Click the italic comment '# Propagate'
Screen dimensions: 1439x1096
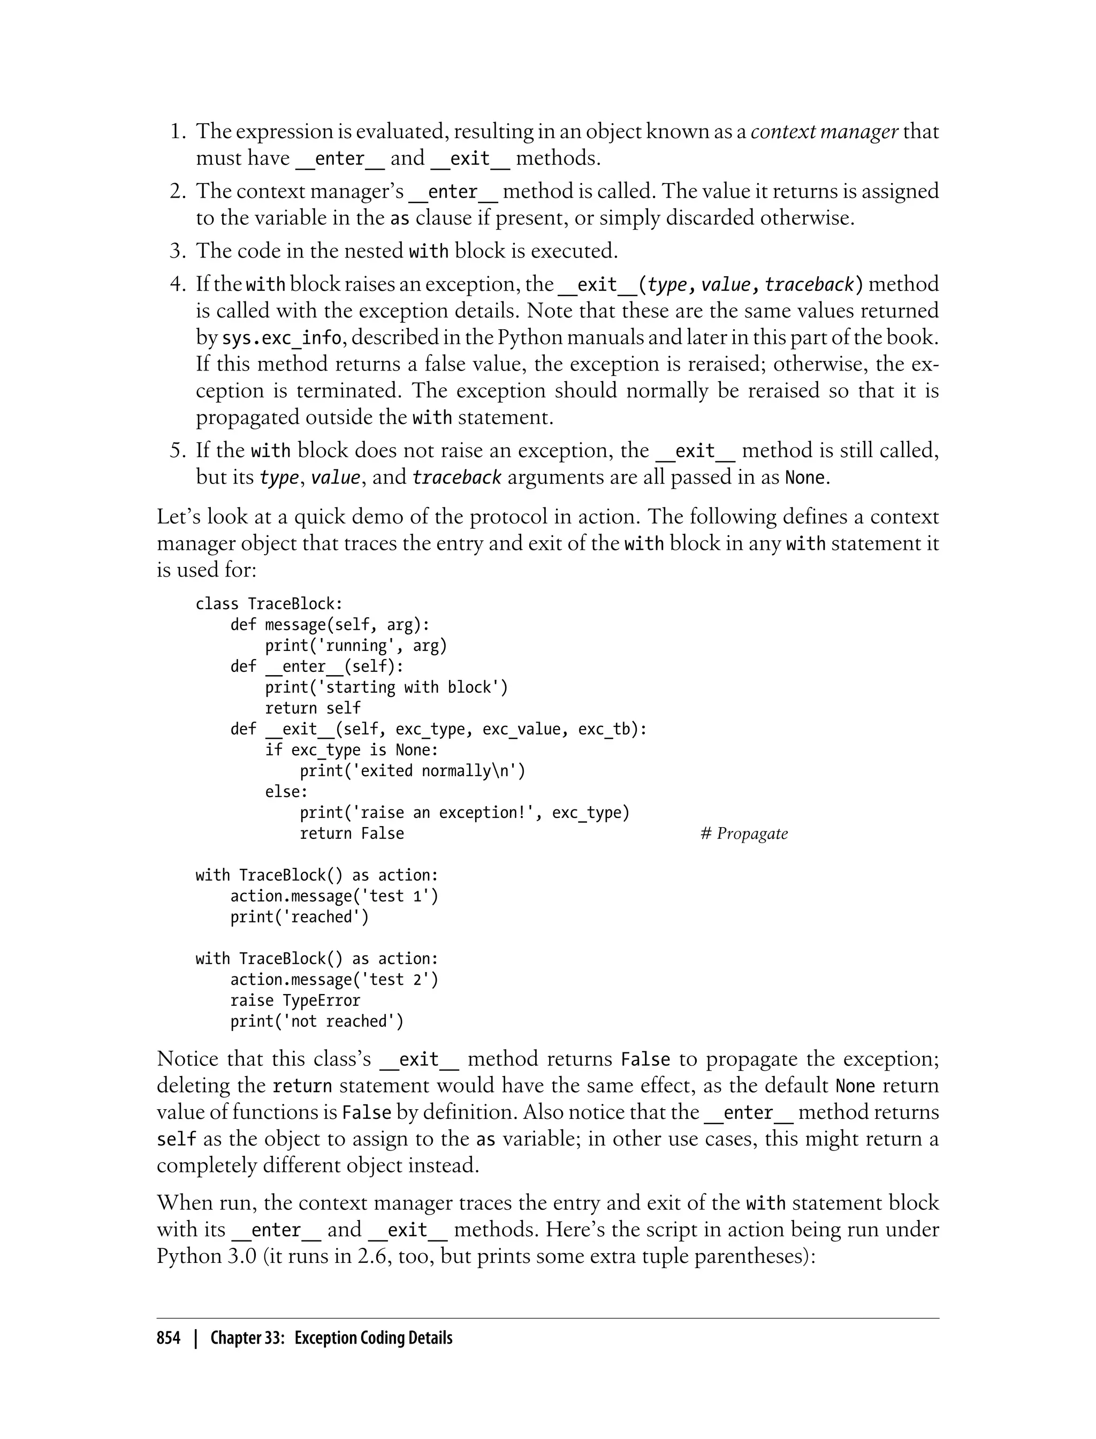coord(744,834)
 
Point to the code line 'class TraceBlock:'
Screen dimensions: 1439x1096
coord(269,604)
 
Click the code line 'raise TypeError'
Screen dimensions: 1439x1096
coord(295,1001)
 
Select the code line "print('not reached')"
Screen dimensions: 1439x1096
coord(317,1021)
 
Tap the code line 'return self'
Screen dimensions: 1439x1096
coord(313,708)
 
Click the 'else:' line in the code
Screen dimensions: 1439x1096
coord(286,792)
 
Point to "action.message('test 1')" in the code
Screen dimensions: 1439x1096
coord(334,896)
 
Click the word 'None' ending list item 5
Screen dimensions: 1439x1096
coord(804,478)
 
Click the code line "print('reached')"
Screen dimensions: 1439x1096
coord(300,917)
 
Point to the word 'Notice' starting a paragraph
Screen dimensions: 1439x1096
coord(187,1058)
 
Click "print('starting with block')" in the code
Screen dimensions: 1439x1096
coord(386,687)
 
